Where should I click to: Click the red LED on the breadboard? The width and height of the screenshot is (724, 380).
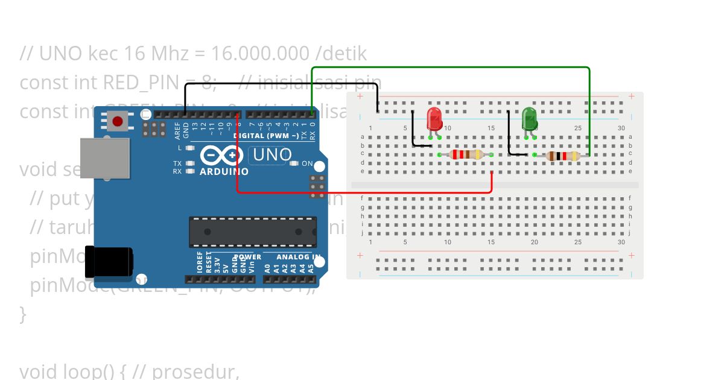[x=434, y=119]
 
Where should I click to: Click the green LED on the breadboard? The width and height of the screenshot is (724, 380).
[x=529, y=118]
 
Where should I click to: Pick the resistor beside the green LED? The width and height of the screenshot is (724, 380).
[x=562, y=156]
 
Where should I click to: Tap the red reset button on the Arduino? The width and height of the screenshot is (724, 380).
[x=118, y=122]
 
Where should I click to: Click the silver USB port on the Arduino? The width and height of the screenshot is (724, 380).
[x=105, y=158]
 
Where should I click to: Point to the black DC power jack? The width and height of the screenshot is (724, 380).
[x=109, y=263]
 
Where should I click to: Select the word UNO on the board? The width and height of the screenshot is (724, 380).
[x=273, y=154]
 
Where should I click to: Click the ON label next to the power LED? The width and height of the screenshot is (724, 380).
[x=307, y=163]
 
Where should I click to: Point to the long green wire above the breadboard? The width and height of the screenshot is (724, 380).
[x=449, y=68]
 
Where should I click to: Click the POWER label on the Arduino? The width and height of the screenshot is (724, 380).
[x=247, y=257]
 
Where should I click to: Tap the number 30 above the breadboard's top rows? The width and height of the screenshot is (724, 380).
[x=621, y=128]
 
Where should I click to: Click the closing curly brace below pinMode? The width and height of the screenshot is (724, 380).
[x=23, y=314]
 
